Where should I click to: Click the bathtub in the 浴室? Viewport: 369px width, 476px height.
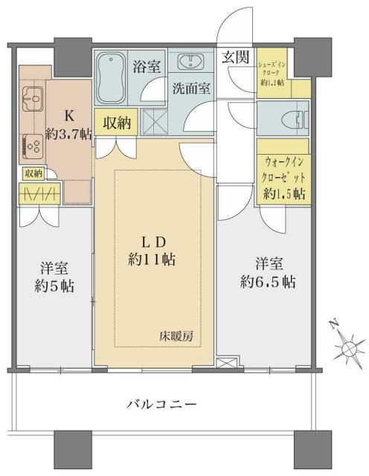[x=112, y=77]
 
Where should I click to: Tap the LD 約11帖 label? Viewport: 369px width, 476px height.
[x=153, y=252]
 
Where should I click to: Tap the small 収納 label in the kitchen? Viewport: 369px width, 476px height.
[x=33, y=173]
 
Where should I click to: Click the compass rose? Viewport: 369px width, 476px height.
[x=346, y=347]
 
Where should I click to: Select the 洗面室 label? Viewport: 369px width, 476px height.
[x=191, y=87]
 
